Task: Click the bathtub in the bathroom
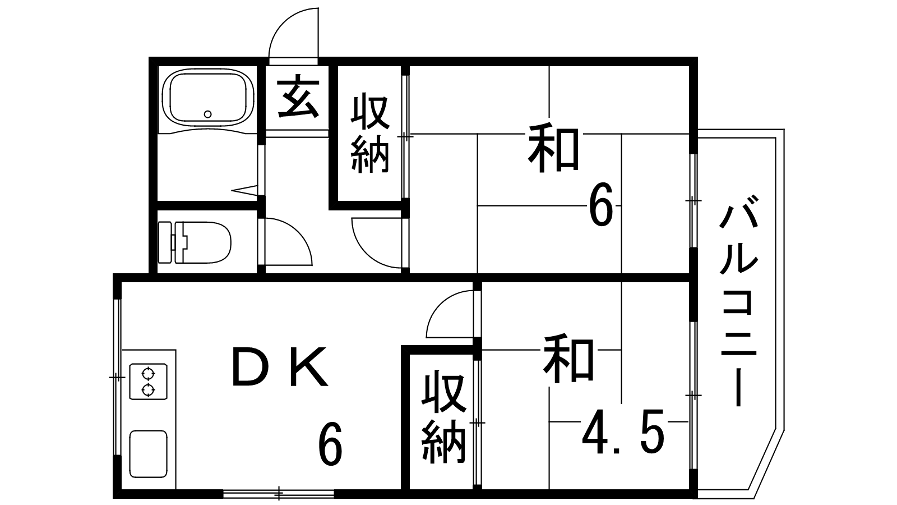point(206,99)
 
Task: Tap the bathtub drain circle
point(208,114)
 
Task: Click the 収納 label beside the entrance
point(370,135)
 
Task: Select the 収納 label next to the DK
point(443,418)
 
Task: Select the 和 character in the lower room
point(568,359)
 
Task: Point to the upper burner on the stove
point(148,373)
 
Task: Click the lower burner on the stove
point(148,389)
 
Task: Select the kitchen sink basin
point(148,453)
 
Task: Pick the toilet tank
point(167,242)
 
